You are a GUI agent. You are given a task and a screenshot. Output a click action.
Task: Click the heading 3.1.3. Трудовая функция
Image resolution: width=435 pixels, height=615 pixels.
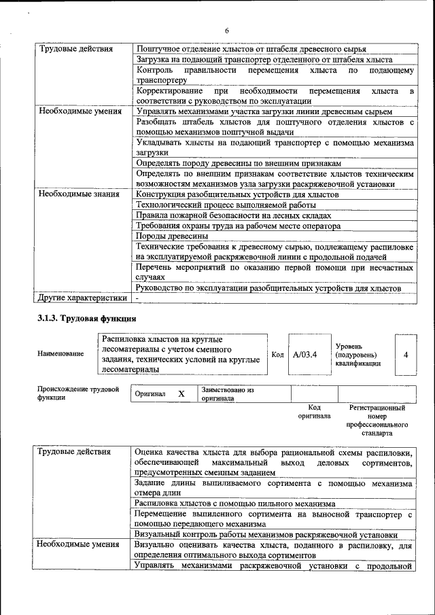click(87, 319)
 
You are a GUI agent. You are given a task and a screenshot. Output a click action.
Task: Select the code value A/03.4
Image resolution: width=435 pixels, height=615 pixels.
click(305, 354)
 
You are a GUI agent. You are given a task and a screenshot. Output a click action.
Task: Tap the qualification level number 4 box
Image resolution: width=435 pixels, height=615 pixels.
click(406, 354)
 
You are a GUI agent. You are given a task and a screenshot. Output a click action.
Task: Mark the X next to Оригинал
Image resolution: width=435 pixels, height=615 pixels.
click(181, 394)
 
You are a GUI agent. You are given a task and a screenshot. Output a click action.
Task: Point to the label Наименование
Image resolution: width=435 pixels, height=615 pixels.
click(61, 353)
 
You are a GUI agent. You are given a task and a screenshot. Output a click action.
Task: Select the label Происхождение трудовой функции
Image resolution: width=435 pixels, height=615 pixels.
click(73, 393)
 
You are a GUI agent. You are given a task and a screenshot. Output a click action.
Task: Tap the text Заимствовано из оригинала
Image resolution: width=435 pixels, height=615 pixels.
click(227, 394)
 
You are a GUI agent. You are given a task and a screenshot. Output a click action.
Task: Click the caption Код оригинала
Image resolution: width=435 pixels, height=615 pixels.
click(314, 412)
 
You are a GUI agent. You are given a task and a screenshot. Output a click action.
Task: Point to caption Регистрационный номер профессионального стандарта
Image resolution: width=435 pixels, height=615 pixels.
click(377, 420)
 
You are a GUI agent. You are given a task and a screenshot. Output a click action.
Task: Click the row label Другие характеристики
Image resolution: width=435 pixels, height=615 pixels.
click(82, 298)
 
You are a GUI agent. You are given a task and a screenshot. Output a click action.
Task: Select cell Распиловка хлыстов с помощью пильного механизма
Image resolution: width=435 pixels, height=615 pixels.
click(235, 504)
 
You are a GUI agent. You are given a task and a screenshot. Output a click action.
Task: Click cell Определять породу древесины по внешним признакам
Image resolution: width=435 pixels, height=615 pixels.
click(238, 164)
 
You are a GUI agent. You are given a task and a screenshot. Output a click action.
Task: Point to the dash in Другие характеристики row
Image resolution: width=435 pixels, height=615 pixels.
click(137, 298)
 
